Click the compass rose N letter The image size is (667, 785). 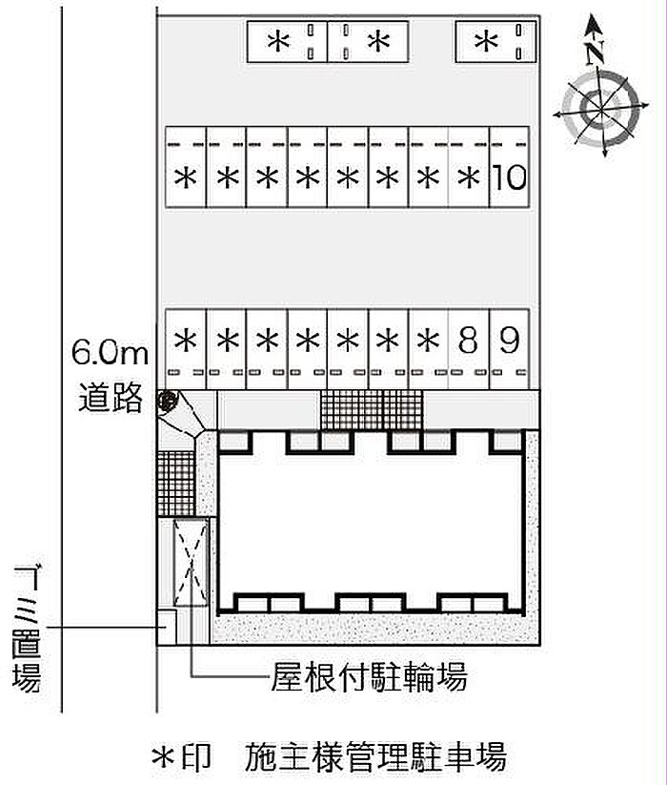[x=595, y=52]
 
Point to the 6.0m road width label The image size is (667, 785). [x=110, y=352]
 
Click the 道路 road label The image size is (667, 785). [x=111, y=398]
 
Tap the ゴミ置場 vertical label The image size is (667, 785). [x=27, y=630]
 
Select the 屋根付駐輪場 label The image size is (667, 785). [x=369, y=676]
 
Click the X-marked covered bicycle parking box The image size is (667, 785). [x=191, y=563]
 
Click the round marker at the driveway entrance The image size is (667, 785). [x=167, y=401]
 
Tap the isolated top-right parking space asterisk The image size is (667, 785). [x=486, y=42]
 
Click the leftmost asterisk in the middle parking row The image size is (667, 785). [x=186, y=177]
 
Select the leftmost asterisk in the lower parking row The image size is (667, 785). [x=186, y=341]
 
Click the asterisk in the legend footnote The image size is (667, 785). [x=164, y=757]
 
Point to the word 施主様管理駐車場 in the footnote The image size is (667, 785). [x=375, y=757]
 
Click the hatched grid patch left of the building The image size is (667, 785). [x=175, y=484]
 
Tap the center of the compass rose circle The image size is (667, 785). [x=600, y=107]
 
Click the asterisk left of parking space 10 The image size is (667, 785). [x=469, y=177]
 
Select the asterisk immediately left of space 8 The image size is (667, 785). [x=428, y=341]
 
